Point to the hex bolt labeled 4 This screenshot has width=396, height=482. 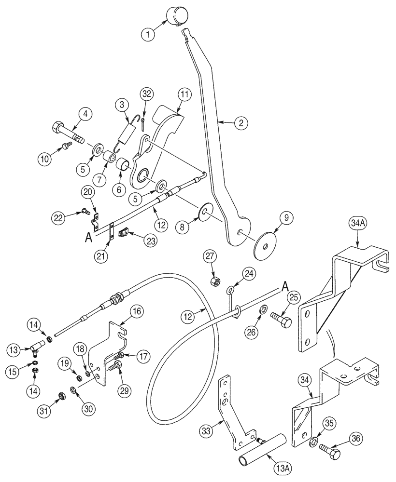click(65, 132)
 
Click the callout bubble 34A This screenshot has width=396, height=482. click(357, 224)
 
